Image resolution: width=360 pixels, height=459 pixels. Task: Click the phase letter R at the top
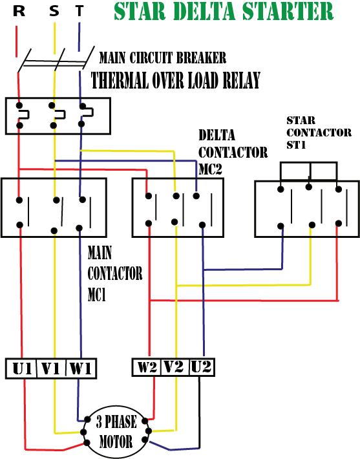pos(19,12)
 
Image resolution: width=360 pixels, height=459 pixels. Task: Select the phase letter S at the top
pos(54,12)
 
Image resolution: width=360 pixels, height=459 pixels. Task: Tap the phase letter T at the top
pos(79,12)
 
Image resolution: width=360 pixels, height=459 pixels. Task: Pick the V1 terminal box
pos(52,368)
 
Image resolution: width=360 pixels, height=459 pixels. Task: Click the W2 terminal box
pos(146,368)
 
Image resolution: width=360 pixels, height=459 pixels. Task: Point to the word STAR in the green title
pos(138,12)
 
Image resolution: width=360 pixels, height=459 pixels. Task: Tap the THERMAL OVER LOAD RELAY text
pos(175,80)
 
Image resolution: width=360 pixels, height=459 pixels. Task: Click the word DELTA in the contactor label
pos(217,136)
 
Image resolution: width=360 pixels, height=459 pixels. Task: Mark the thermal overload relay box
pos(58,116)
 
